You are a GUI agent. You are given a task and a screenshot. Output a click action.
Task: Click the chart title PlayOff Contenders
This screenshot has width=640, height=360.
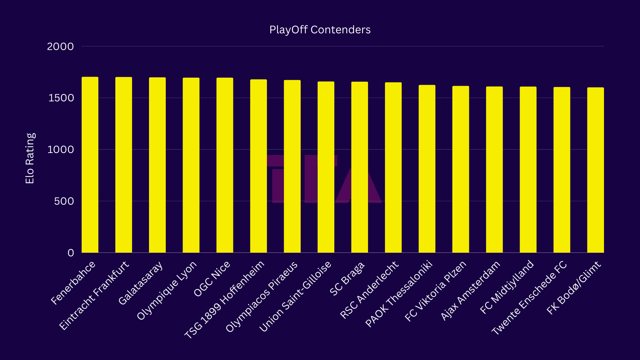pyautogui.click(x=320, y=30)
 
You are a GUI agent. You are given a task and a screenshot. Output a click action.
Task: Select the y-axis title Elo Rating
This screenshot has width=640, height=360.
pyautogui.click(x=30, y=158)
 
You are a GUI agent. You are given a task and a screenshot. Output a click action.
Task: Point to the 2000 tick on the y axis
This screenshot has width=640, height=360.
pyautogui.click(x=60, y=46)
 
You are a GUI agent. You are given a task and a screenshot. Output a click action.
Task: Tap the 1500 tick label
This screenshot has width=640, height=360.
pyautogui.click(x=61, y=98)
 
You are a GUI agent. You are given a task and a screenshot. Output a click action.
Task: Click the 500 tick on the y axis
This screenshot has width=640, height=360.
pyautogui.click(x=64, y=201)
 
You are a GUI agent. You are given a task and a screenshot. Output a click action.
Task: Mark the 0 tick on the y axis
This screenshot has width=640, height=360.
pyautogui.click(x=71, y=253)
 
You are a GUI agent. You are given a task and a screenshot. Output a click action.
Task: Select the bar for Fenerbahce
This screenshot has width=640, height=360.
pyautogui.click(x=90, y=165)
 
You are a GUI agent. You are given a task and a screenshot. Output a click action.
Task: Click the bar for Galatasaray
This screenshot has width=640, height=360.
pyautogui.click(x=157, y=165)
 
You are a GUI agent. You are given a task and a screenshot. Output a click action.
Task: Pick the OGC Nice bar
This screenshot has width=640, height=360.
pyautogui.click(x=225, y=165)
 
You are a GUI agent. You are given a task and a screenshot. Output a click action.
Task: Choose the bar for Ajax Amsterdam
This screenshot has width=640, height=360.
pyautogui.click(x=494, y=169)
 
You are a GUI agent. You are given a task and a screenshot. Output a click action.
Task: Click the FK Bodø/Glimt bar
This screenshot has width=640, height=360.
pyautogui.click(x=595, y=170)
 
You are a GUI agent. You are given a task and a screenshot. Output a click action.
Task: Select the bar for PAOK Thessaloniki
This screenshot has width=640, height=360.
pyautogui.click(x=427, y=169)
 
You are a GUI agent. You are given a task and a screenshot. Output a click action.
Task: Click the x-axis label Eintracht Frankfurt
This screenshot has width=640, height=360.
pyautogui.click(x=94, y=295)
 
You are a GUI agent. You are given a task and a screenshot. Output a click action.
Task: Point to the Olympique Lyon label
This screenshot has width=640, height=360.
pyautogui.click(x=167, y=290)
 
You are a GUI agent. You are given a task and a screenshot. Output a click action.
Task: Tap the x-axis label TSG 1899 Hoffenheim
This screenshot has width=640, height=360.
pyautogui.click(x=224, y=299)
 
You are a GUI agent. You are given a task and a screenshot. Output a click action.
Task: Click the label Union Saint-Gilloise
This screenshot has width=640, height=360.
pyautogui.click(x=295, y=296)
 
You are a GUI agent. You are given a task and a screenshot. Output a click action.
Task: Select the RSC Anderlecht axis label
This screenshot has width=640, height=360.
pyautogui.click(x=369, y=290)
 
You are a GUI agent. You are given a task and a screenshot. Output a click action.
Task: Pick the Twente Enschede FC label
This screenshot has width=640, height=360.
pyautogui.click(x=529, y=298)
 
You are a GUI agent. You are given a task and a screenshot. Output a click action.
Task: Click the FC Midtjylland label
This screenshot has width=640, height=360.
pyautogui.click(x=507, y=287)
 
